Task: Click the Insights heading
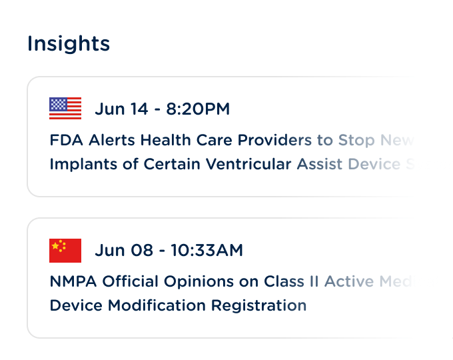(x=69, y=44)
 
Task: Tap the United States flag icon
(x=65, y=109)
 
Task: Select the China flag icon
(x=65, y=250)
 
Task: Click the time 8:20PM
(x=197, y=109)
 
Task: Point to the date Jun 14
(x=121, y=109)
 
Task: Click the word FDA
(x=65, y=141)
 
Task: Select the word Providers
(x=275, y=141)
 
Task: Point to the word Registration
(x=259, y=306)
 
